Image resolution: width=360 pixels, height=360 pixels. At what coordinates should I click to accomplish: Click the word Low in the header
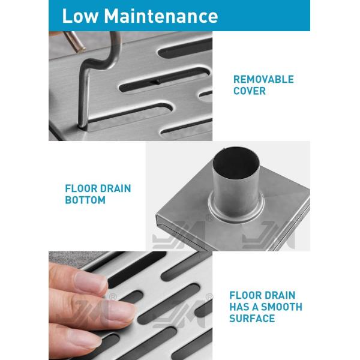(80, 16)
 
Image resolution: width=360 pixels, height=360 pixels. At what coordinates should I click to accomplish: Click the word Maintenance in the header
(161, 16)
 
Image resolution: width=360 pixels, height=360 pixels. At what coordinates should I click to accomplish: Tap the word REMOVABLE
(263, 79)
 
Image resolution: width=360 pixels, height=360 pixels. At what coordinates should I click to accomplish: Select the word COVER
(249, 91)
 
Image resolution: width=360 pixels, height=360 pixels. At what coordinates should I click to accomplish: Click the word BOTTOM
(85, 200)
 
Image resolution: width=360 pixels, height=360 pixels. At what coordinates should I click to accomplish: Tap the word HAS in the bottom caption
(241, 307)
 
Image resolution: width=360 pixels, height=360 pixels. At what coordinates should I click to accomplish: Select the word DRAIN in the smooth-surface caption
(280, 295)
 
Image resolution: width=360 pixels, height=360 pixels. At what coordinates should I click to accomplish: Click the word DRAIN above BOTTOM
(115, 188)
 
